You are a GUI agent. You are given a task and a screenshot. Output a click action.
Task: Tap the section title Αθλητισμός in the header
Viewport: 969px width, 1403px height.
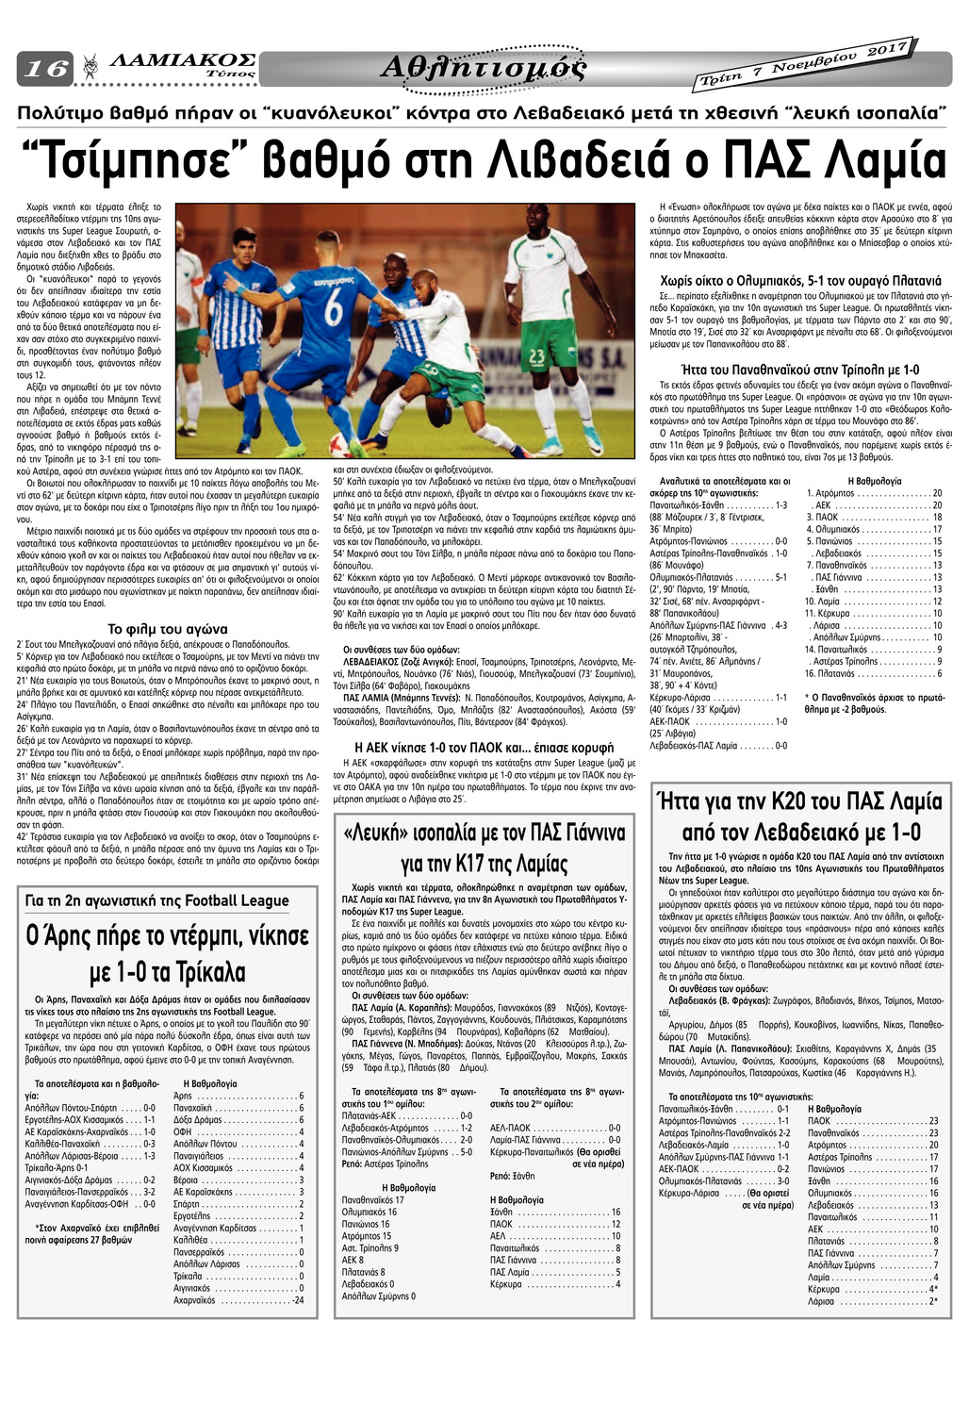click(484, 68)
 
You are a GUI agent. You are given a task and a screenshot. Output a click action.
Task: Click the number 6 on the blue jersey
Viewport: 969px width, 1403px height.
click(334, 307)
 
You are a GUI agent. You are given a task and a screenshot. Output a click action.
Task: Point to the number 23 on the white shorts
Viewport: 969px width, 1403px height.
click(536, 355)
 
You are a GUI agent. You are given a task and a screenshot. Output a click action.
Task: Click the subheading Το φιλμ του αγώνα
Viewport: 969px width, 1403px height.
click(168, 629)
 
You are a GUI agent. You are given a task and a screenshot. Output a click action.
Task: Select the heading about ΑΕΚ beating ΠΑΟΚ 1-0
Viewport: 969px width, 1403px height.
click(479, 748)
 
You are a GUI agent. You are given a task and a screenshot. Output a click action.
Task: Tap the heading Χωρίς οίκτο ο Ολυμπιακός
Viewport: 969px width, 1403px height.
click(800, 281)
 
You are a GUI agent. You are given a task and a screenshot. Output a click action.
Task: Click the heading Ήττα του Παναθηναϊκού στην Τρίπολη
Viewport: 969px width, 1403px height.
click(799, 370)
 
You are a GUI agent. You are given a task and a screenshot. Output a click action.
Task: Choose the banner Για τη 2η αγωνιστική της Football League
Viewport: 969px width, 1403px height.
click(158, 900)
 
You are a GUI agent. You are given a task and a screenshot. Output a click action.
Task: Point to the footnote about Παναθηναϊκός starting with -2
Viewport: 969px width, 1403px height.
click(875, 703)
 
